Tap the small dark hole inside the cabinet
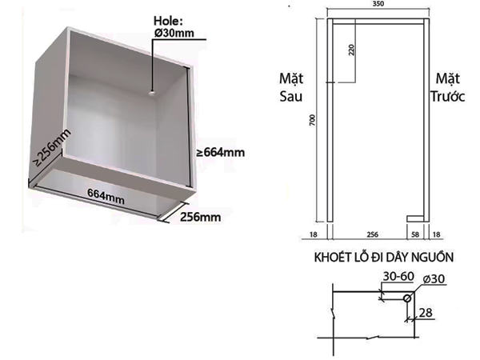coord(150,93)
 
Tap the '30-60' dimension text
coord(397,276)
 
